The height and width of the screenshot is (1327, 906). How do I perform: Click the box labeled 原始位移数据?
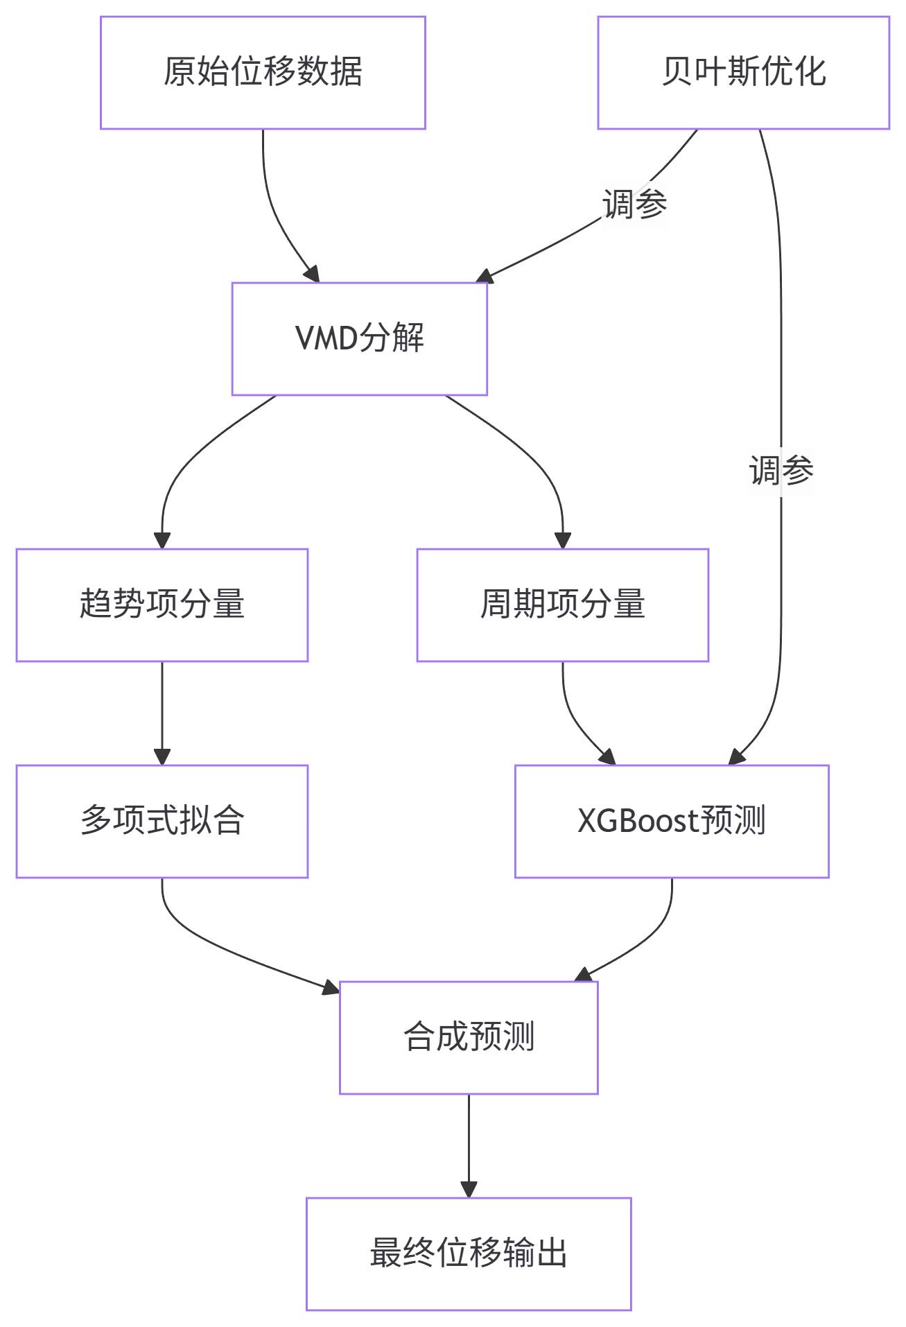point(263,73)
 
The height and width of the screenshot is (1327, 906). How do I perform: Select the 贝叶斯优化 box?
point(743,73)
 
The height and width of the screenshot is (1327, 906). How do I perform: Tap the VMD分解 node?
point(359,338)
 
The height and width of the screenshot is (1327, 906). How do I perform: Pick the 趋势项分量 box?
point(162,605)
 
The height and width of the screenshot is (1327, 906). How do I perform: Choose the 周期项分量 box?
point(562,605)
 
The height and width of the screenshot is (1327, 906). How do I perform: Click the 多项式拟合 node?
point(162,821)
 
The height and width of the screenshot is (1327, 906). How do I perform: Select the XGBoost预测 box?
point(671,821)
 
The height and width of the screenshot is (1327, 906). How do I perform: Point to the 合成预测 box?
point(468,1037)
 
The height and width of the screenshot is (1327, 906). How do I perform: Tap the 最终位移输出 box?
point(468,1254)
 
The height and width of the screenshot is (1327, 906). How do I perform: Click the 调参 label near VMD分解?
point(634,205)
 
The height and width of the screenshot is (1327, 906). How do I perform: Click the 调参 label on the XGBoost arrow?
point(781,471)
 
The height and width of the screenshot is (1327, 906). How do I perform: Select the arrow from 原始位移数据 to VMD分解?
point(272,208)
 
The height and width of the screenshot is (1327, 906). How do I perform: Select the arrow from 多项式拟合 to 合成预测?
point(229,950)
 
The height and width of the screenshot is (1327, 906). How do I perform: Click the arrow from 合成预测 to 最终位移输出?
point(469,1144)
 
